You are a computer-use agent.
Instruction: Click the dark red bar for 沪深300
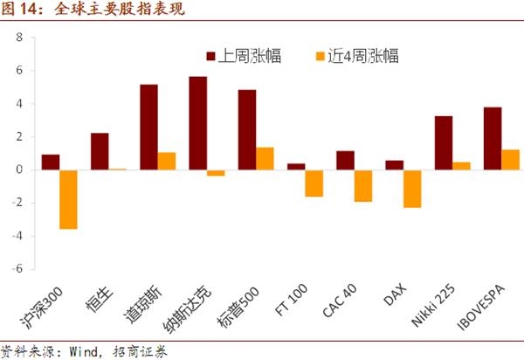point(51,163)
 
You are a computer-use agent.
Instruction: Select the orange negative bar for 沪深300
point(68,199)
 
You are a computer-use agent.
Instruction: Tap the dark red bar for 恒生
point(100,151)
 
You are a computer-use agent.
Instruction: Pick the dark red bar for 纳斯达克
point(198,123)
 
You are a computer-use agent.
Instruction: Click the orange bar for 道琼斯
point(166,162)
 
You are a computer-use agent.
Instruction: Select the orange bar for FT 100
point(314,183)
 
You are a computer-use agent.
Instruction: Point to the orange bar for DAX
point(412,189)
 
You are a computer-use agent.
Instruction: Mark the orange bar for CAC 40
point(363,185)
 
